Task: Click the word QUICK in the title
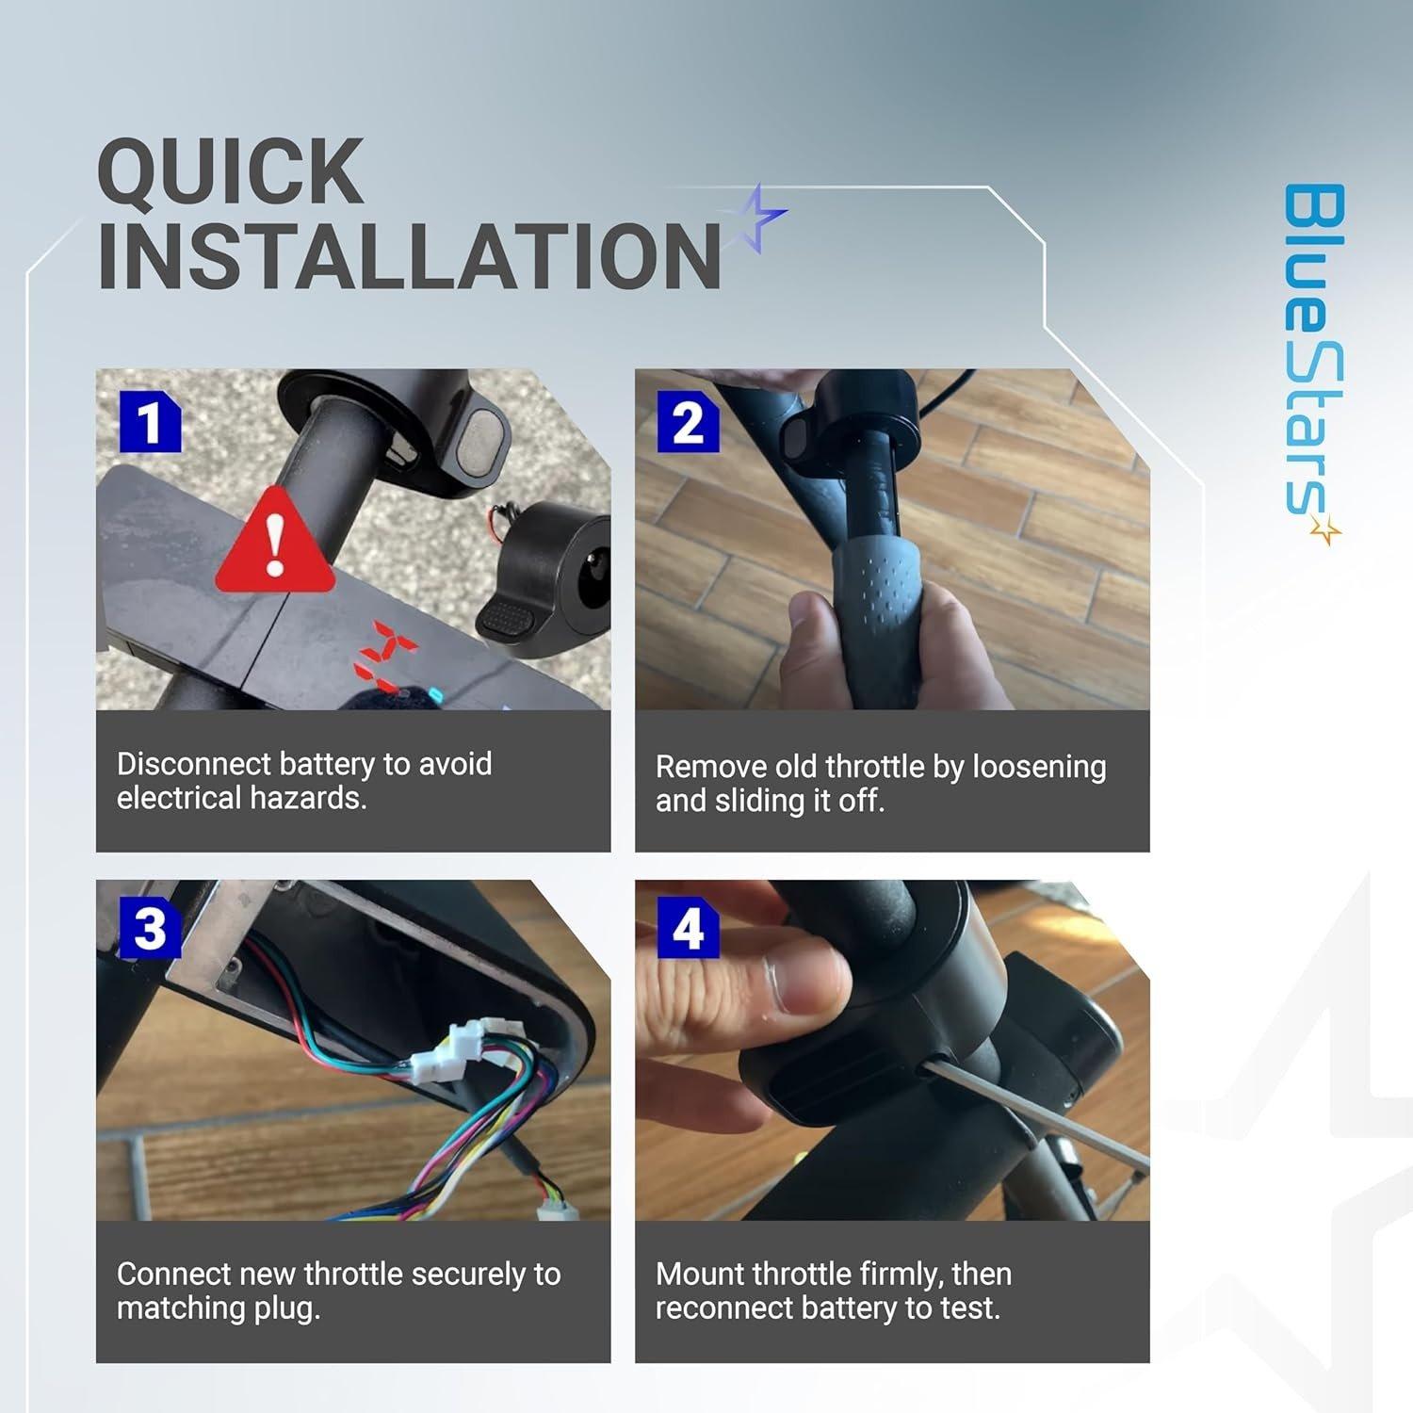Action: (x=230, y=171)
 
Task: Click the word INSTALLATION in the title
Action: (x=409, y=257)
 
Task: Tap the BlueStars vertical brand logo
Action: (x=1314, y=358)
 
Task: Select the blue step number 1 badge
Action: (x=149, y=423)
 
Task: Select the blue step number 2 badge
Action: (x=688, y=423)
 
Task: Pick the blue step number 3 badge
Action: (x=149, y=929)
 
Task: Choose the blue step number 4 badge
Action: (x=688, y=929)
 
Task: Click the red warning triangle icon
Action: (x=274, y=544)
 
